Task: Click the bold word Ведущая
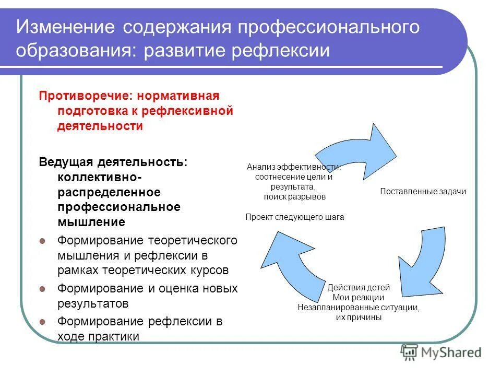66,161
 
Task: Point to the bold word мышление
91,222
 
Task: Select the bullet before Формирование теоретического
44,241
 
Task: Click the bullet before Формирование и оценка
44,289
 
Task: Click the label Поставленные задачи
423,192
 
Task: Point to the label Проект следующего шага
295,217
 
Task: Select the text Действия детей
359,288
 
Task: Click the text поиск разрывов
294,197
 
